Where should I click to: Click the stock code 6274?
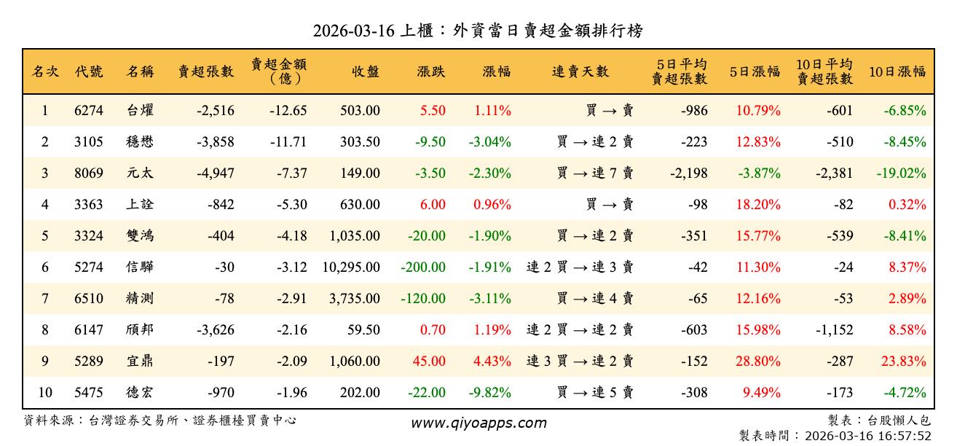[x=89, y=111]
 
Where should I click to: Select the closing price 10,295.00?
[x=351, y=267]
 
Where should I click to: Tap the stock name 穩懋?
[x=140, y=142]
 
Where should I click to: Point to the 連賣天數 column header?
[x=580, y=71]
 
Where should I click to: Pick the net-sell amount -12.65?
[x=288, y=111]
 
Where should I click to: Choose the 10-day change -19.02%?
[x=902, y=173]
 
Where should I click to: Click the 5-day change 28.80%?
[x=758, y=361]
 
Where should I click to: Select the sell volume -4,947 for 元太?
[x=216, y=173]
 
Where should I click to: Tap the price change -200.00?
[x=423, y=267]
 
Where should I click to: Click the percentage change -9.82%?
[x=489, y=393]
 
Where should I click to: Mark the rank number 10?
[x=45, y=393]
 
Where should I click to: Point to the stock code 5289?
[x=89, y=361]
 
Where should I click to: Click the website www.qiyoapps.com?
[x=478, y=423]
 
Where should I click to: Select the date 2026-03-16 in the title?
[x=353, y=31]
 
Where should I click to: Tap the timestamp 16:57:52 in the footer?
[x=906, y=435]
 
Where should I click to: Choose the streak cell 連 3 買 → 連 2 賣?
[x=580, y=361]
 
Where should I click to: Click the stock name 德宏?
[x=140, y=393]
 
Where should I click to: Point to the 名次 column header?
[x=45, y=71]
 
